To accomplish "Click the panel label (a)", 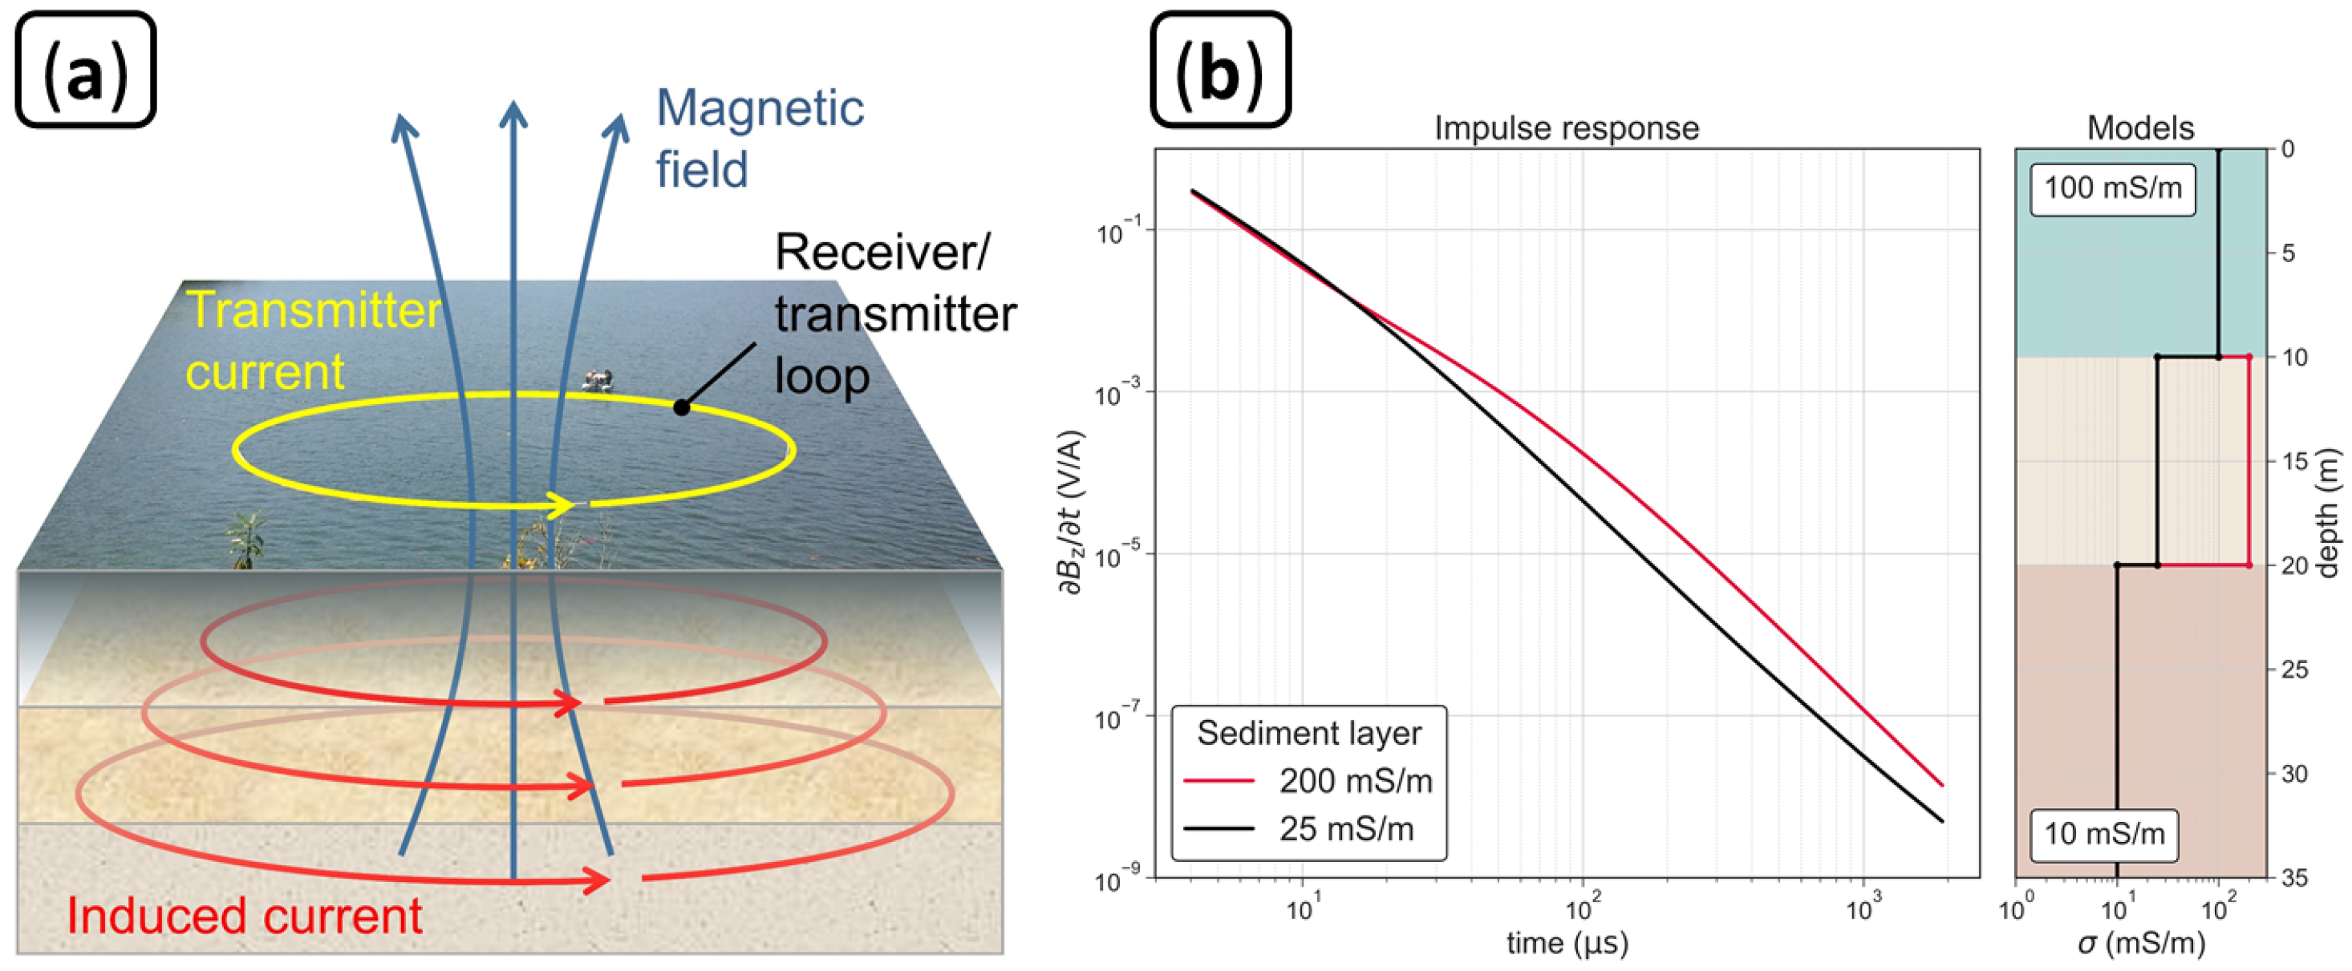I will (x=86, y=71).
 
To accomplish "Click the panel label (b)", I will (x=1220, y=71).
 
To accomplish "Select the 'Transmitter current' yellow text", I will (x=313, y=341).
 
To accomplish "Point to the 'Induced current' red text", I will (x=245, y=916).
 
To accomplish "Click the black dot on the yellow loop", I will (x=682, y=408).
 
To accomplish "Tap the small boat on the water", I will (x=597, y=378).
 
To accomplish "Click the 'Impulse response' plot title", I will (x=1567, y=127).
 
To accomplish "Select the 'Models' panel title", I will (x=2140, y=127).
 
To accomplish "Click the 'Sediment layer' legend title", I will (x=1309, y=733).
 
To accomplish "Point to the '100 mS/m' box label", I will (x=2113, y=189).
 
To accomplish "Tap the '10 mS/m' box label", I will (x=2103, y=834).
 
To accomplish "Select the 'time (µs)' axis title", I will (x=1567, y=943).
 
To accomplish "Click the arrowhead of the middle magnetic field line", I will (x=514, y=114).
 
